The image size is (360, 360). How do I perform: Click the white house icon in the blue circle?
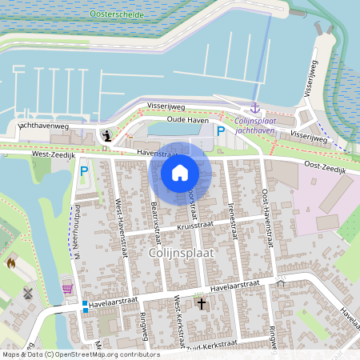click(x=180, y=173)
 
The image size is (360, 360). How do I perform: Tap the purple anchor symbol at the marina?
click(x=255, y=107)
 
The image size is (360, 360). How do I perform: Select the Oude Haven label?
click(x=187, y=119)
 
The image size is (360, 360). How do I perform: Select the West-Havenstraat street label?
click(x=122, y=227)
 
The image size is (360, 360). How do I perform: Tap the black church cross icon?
click(x=201, y=303)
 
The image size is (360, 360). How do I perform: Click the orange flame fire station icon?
click(x=11, y=262)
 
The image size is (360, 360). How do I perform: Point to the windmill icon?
click(x=29, y=294)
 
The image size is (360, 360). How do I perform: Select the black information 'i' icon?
click(x=106, y=135)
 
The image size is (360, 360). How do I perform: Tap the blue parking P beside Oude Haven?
click(x=220, y=130)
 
